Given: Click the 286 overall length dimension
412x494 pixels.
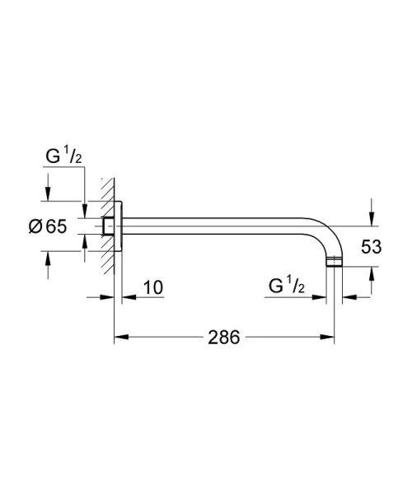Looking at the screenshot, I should click(x=223, y=338).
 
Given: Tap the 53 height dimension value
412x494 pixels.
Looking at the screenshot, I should click(x=371, y=245).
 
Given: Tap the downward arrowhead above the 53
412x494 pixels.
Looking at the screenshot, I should click(x=371, y=218).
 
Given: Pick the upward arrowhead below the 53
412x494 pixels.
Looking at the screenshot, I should click(x=371, y=274).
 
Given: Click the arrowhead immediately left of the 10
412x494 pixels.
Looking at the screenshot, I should click(x=128, y=296).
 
